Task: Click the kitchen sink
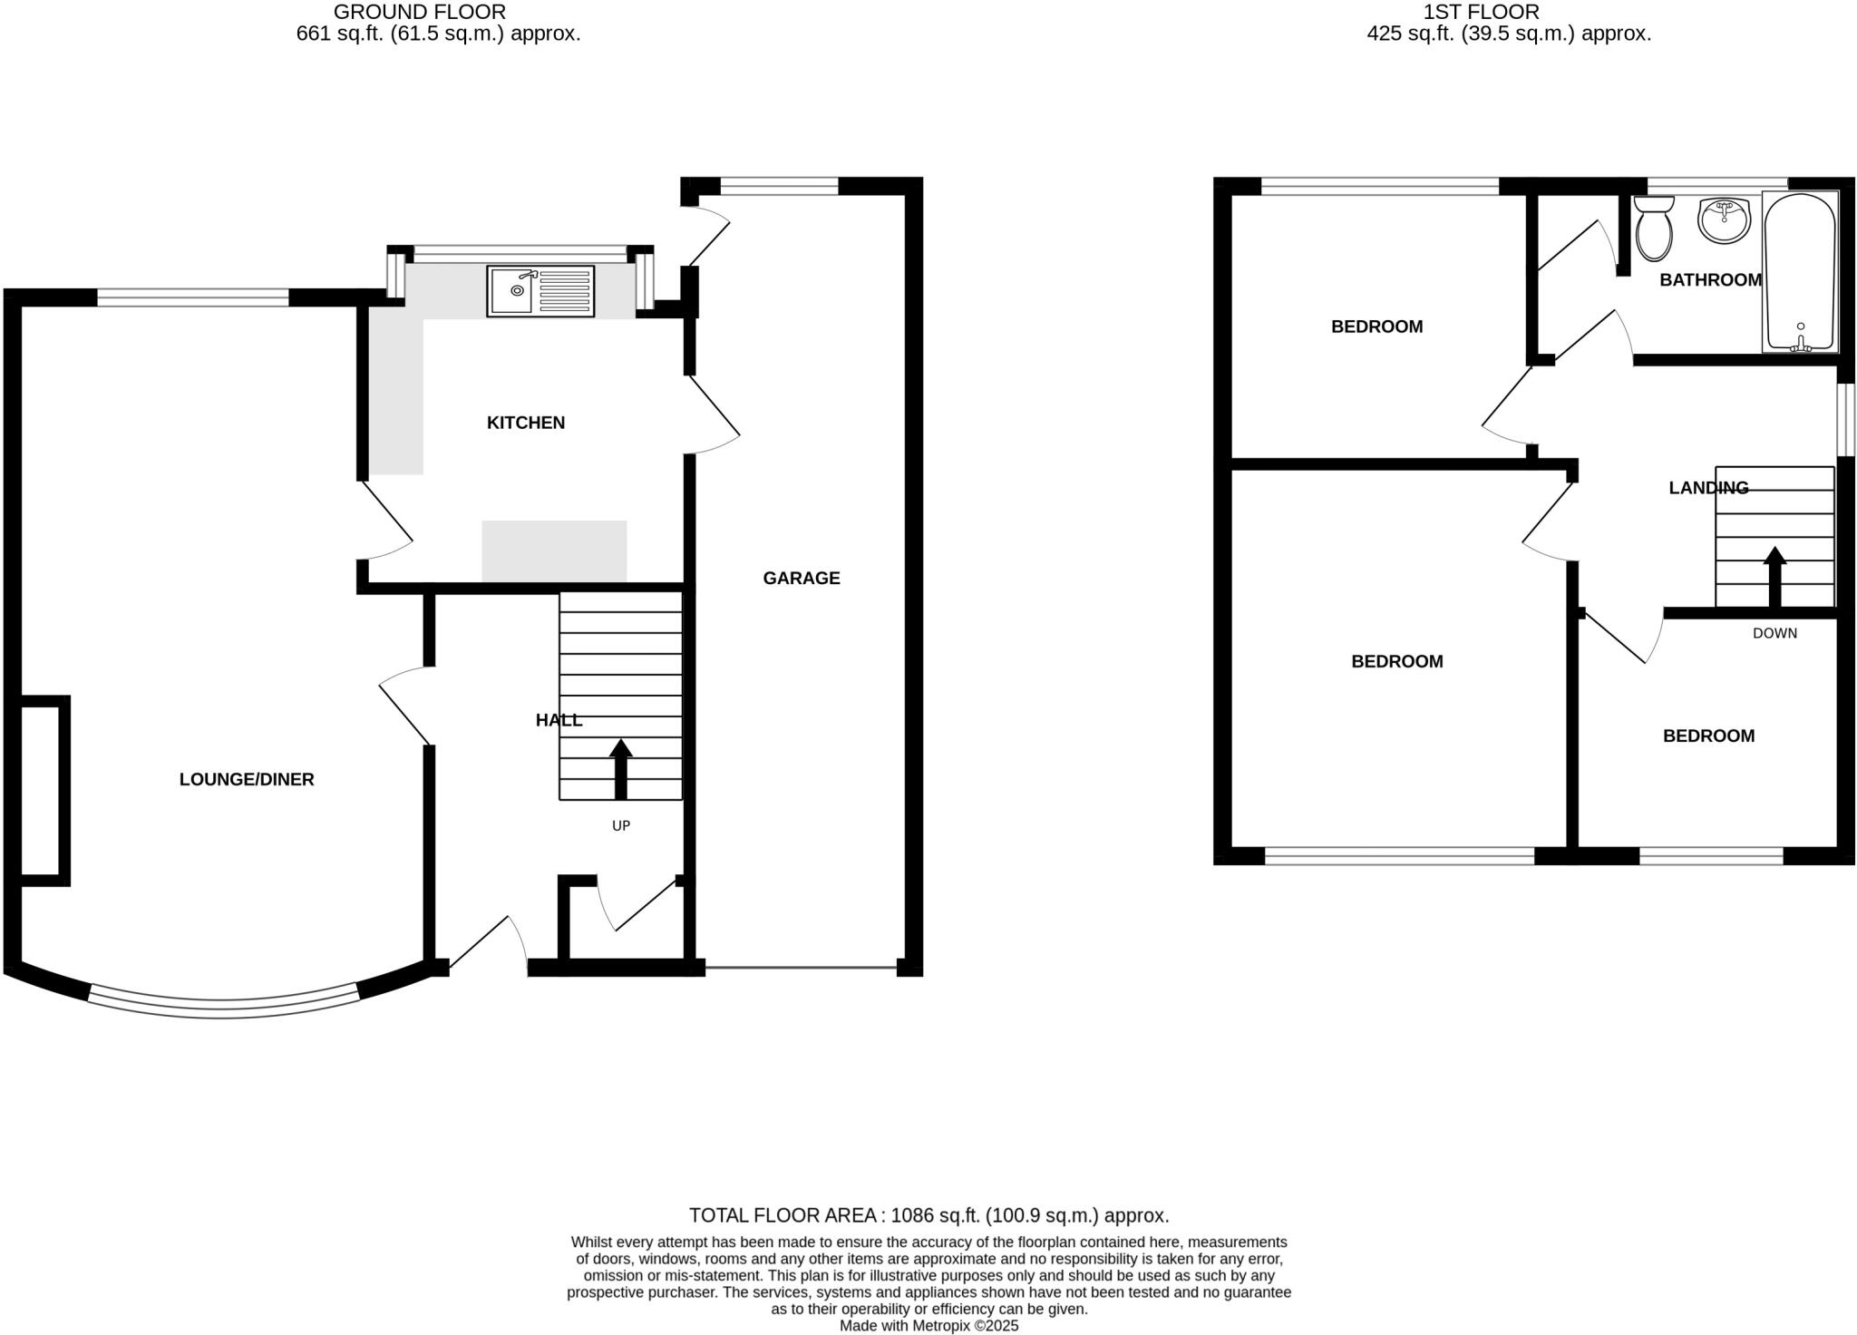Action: (540, 291)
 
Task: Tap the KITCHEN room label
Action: (526, 423)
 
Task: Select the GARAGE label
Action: (802, 579)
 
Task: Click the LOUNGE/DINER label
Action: (247, 779)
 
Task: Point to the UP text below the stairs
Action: (621, 826)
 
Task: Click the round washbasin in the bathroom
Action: (1724, 220)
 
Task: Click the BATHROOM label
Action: (1710, 280)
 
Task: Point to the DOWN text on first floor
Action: (1774, 633)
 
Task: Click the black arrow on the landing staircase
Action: (1774, 576)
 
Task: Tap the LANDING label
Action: (1708, 488)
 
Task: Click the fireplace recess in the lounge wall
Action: (41, 790)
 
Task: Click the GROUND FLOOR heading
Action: (420, 13)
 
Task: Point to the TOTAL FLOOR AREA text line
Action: (928, 1215)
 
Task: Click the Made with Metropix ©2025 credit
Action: (928, 1326)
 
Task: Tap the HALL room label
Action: (559, 721)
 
